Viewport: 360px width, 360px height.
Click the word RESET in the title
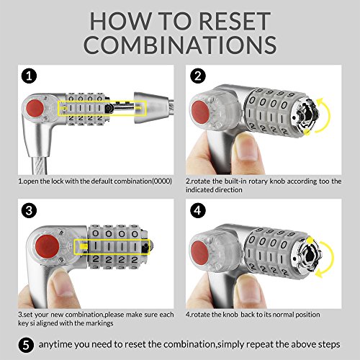(235, 21)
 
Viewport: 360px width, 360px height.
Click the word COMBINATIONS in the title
(180, 45)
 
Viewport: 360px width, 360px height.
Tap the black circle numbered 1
(29, 76)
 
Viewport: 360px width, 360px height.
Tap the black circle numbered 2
(198, 76)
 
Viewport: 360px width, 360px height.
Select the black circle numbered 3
(29, 210)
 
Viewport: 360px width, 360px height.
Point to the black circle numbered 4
(198, 210)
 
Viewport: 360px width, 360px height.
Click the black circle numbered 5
(26, 345)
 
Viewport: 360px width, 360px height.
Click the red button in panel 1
(35, 107)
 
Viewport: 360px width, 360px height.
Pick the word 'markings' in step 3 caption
(99, 323)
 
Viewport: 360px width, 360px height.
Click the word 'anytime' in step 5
(55, 345)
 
